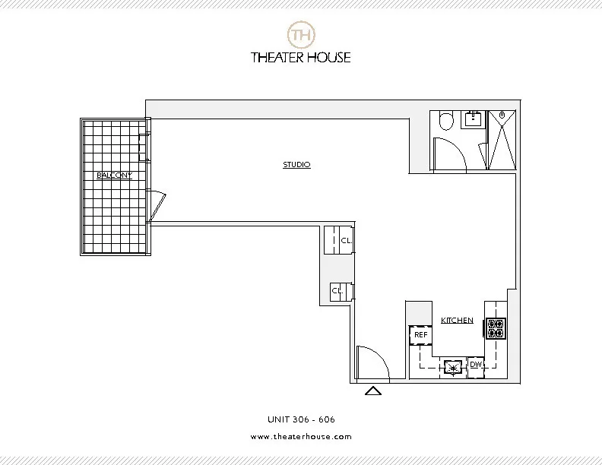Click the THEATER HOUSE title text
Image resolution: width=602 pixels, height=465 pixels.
point(301,57)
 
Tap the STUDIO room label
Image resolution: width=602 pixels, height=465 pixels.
point(296,165)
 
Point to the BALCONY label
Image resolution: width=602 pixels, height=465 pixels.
point(114,176)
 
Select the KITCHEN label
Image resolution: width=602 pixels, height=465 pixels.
point(457,321)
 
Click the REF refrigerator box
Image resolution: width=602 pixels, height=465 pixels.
point(420,334)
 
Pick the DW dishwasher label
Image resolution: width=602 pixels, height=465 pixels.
point(476,365)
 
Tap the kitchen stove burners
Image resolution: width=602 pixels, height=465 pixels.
point(496,327)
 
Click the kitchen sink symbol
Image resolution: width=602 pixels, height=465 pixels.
point(454,368)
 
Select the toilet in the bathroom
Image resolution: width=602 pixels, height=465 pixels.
point(446,122)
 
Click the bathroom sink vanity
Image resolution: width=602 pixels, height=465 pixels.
point(474,119)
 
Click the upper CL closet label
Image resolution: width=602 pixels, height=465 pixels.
point(345,241)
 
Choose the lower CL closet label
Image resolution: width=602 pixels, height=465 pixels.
point(336,290)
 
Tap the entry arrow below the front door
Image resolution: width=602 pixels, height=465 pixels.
point(372,391)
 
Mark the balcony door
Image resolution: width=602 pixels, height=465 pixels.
point(156,206)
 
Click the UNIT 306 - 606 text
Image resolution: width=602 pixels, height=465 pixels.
point(301,419)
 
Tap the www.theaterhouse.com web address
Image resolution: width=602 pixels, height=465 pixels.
point(301,437)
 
